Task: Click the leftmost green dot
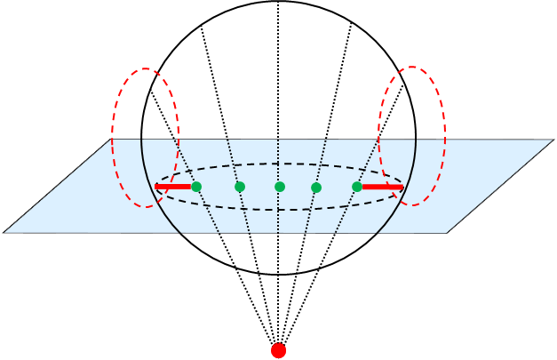coord(196,187)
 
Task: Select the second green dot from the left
coord(240,187)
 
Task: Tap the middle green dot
coord(280,187)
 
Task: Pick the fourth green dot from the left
coord(316,188)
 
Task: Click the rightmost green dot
coord(357,187)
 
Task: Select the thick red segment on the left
coord(174,187)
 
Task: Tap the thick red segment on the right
coord(383,187)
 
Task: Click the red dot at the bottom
coord(278,350)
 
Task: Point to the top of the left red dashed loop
coord(146,69)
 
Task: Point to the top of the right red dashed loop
coord(412,67)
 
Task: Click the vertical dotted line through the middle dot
coord(278,213)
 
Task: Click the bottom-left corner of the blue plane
coord(5,232)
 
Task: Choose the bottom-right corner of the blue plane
coord(446,232)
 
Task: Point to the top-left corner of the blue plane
coord(113,140)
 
